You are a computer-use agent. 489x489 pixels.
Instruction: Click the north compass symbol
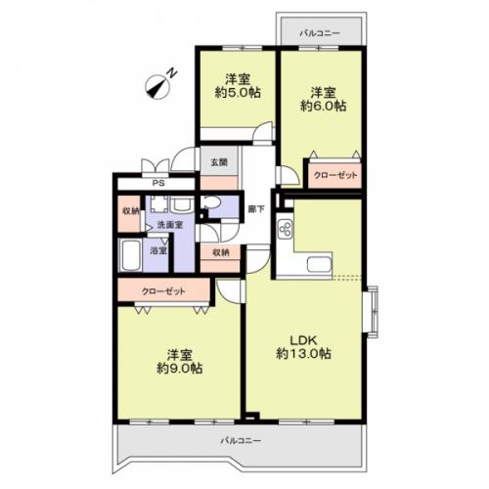(x=159, y=85)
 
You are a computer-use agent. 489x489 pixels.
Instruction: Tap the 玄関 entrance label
(x=219, y=162)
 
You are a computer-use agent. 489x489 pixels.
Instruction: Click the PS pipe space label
(x=158, y=183)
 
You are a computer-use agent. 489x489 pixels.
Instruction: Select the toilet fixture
(x=210, y=202)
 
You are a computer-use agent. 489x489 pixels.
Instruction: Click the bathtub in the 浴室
(x=130, y=255)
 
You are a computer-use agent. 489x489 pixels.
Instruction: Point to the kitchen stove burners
(x=286, y=228)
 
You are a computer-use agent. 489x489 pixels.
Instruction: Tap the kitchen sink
(x=319, y=264)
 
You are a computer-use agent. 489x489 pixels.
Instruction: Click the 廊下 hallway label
(x=256, y=209)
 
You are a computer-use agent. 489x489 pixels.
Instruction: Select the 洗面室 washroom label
(x=170, y=225)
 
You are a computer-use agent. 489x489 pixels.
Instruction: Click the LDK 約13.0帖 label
(x=304, y=347)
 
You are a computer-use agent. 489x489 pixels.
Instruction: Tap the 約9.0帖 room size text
(x=180, y=369)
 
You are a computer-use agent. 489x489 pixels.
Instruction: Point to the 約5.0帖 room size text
(x=238, y=93)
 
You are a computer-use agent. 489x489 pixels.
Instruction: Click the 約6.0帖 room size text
(x=323, y=107)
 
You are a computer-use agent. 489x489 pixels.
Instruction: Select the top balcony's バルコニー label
(x=320, y=33)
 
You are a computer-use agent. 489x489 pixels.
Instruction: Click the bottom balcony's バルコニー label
(x=241, y=441)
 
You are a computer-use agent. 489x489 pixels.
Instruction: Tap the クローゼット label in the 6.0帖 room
(x=335, y=175)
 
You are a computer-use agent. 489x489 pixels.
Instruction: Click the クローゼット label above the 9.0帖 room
(x=163, y=291)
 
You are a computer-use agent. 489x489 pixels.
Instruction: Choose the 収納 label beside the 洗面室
(x=130, y=211)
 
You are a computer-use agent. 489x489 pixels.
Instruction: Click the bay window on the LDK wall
(x=371, y=312)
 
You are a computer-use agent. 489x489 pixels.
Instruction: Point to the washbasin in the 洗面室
(x=181, y=204)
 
